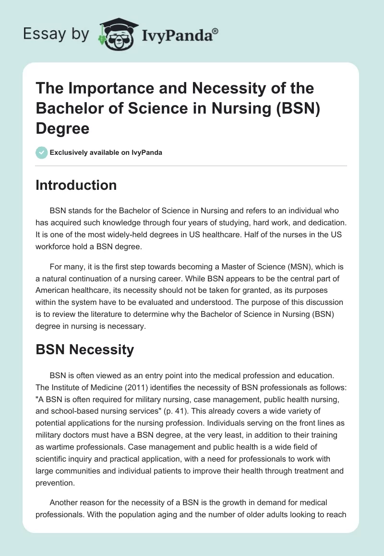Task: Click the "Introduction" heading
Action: [x=76, y=185]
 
